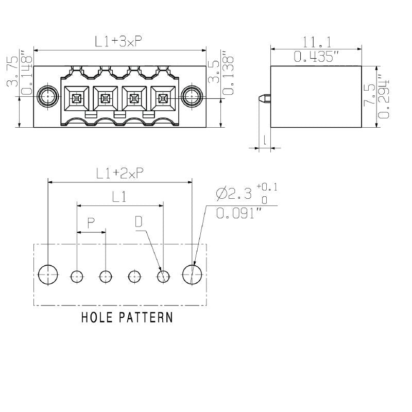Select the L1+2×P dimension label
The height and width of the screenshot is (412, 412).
pos(119,174)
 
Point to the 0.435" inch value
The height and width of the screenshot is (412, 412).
pos(316,57)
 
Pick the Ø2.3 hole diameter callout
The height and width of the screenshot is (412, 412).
pos(234,194)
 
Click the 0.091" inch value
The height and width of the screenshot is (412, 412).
pos(236,213)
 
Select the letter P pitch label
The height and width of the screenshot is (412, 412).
pos(91,223)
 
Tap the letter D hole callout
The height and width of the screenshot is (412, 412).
pos(139,222)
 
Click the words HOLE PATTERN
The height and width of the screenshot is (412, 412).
pos(127,317)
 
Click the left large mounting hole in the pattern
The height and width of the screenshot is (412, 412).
pos(48,275)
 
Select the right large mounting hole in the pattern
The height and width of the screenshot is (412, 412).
pos(192,275)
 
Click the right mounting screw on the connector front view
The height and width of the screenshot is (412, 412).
pos(191,96)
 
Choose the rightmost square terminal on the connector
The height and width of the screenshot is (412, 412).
pos(163,97)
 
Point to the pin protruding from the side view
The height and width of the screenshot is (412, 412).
pos(264,97)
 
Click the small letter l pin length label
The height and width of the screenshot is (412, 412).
pos(265,139)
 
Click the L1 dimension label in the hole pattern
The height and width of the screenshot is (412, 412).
pos(119,196)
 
